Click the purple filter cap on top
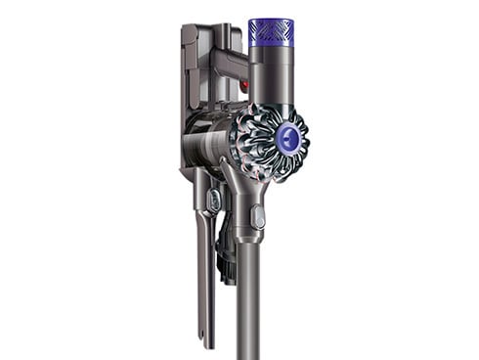point(269,32)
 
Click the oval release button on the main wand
point(257,215)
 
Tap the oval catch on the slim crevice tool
point(213,200)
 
